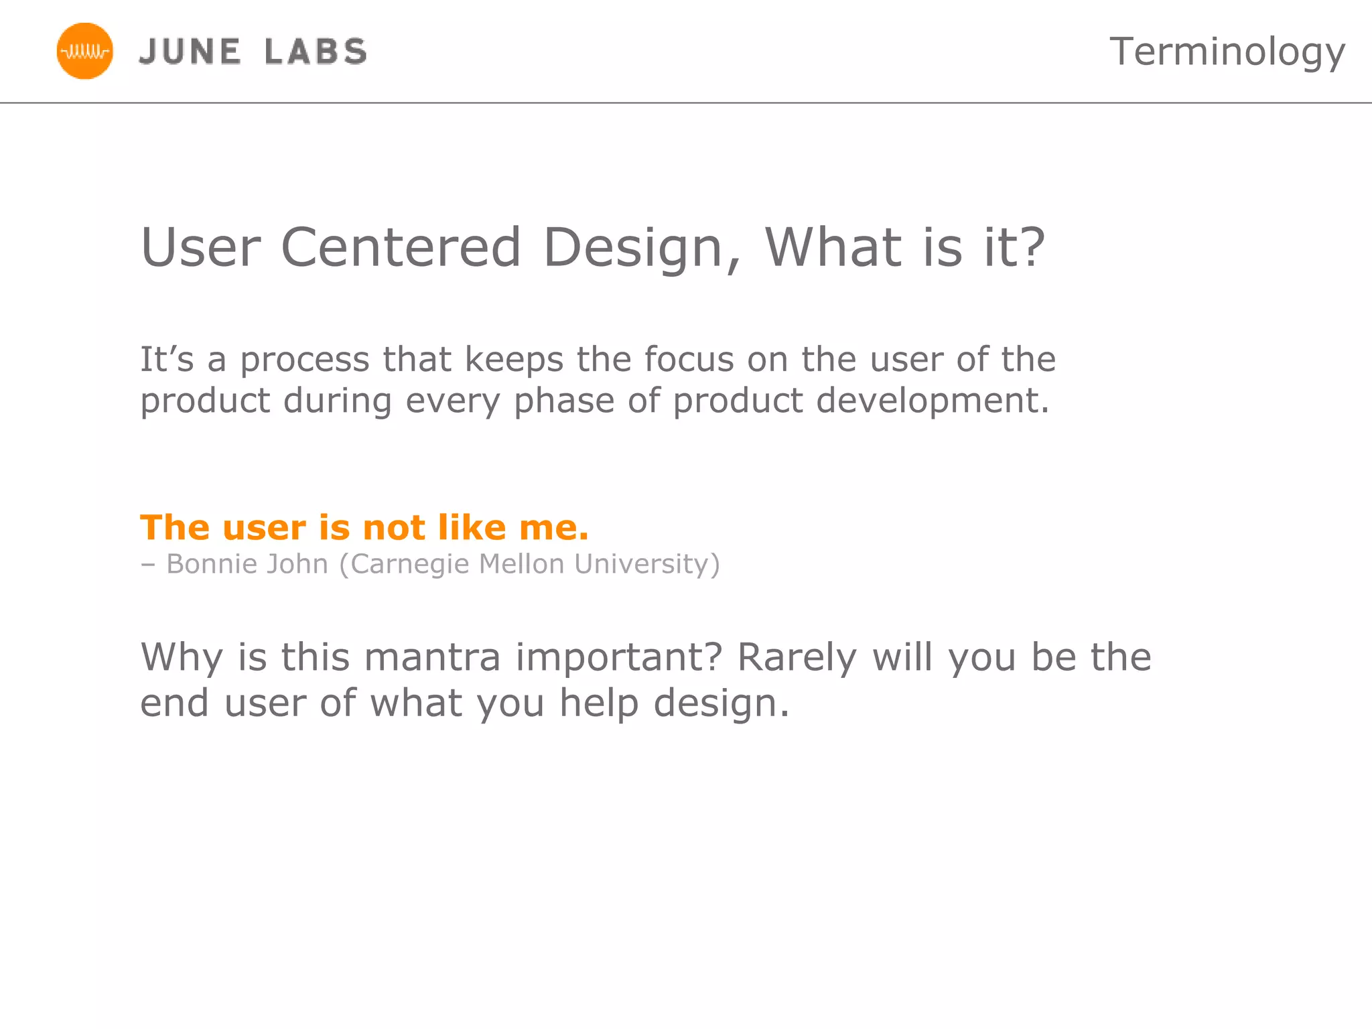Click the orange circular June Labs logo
pyautogui.click(x=85, y=51)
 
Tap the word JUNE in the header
pyautogui.click(x=190, y=52)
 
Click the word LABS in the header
pyautogui.click(x=316, y=52)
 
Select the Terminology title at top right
pyautogui.click(x=1227, y=52)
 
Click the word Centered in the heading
pyautogui.click(x=401, y=247)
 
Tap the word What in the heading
pyautogui.click(x=833, y=247)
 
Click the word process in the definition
pyautogui.click(x=304, y=360)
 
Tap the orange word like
pyautogui.click(x=472, y=527)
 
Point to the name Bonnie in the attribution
pyautogui.click(x=212, y=564)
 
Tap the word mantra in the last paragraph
pyautogui.click(x=433, y=657)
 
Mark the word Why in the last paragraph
pyautogui.click(x=181, y=658)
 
